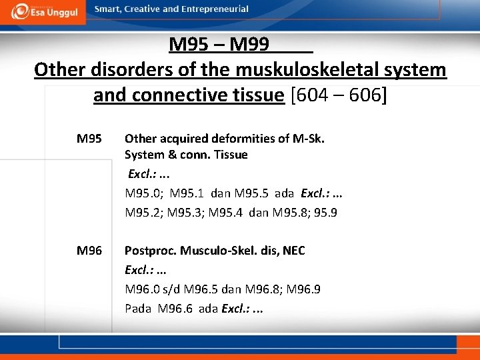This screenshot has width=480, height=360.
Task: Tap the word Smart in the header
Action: tap(109, 9)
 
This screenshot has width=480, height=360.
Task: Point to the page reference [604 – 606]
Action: tap(338, 95)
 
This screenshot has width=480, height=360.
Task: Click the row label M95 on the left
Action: tap(89, 139)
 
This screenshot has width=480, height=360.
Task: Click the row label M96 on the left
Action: tap(89, 251)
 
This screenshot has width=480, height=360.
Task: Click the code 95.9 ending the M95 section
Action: tap(326, 213)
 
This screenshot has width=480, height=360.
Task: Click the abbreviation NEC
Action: tap(293, 251)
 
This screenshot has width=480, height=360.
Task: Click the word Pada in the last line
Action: tap(137, 309)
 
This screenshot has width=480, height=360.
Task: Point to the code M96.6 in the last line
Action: tap(177, 309)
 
